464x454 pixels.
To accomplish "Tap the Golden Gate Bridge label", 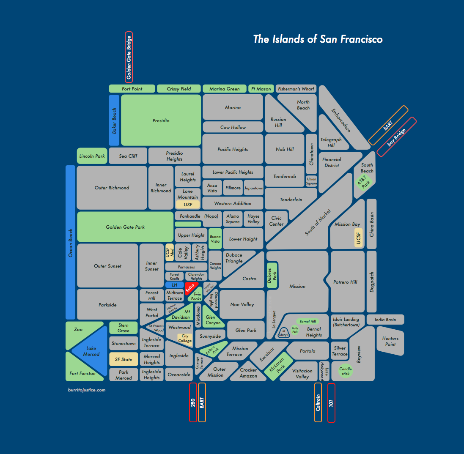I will pos(129,57).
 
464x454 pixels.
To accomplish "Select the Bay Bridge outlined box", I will pos(396,137).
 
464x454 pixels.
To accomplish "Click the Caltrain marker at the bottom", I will pos(318,402).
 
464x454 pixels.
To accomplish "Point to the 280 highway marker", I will pos(193,402).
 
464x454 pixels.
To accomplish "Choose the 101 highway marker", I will pos(331,402).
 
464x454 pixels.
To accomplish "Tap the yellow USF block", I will pos(188,205).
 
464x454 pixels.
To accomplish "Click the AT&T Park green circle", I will pos(364,183).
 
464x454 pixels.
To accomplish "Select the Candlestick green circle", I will pos(346,371).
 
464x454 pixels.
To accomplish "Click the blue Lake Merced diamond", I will pos(91,351).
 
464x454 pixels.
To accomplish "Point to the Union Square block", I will pos(312,181).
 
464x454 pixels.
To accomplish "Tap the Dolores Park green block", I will pos(272,275).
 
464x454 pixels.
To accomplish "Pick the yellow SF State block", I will pos(124,359).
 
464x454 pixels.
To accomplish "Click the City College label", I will pos(185,339).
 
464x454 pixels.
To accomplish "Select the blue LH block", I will pos(175,285).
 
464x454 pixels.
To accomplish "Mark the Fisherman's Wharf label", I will pos(296,89).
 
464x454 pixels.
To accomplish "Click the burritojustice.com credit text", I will pos(86,390).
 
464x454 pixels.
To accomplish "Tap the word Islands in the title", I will pos(288,39).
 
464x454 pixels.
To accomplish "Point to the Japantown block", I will pos(254,188).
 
